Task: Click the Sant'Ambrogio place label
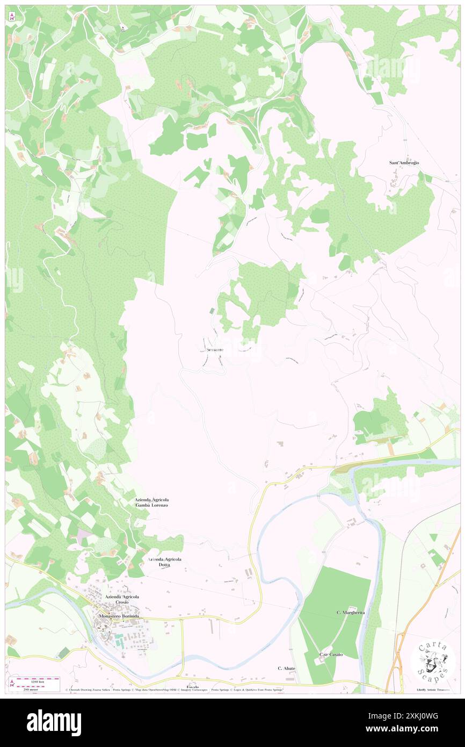[404, 162]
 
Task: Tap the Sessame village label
[212, 350]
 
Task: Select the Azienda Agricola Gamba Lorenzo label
[152, 502]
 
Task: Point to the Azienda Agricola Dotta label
[165, 562]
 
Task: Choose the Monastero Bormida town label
[119, 616]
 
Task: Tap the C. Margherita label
[351, 613]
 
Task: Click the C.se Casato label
[331, 654]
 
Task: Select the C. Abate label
[286, 668]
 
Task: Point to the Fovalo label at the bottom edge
[193, 687]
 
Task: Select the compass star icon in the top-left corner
[12, 17]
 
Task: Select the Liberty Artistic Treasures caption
[433, 689]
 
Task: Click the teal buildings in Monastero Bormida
[118, 638]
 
